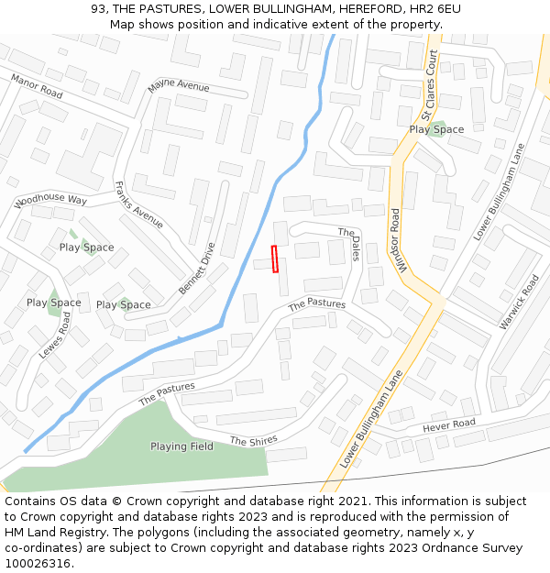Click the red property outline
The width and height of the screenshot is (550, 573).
(x=275, y=259)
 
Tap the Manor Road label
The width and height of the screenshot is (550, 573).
(x=37, y=87)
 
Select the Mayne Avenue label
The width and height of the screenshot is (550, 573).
(x=178, y=86)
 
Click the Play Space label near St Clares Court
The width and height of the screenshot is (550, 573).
(x=436, y=129)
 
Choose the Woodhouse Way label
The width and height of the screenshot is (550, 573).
(x=50, y=200)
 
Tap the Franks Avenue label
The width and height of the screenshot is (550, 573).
(x=138, y=204)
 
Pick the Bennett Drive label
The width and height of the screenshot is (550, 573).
(x=196, y=268)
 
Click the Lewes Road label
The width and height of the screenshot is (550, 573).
(x=54, y=335)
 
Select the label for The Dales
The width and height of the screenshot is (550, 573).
(x=349, y=245)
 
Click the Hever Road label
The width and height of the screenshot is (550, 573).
(x=449, y=424)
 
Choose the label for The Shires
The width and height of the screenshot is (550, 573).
(x=253, y=441)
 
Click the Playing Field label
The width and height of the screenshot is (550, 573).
(x=181, y=446)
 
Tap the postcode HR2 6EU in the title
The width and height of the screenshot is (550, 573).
(x=435, y=9)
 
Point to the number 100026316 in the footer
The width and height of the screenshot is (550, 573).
(x=38, y=563)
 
